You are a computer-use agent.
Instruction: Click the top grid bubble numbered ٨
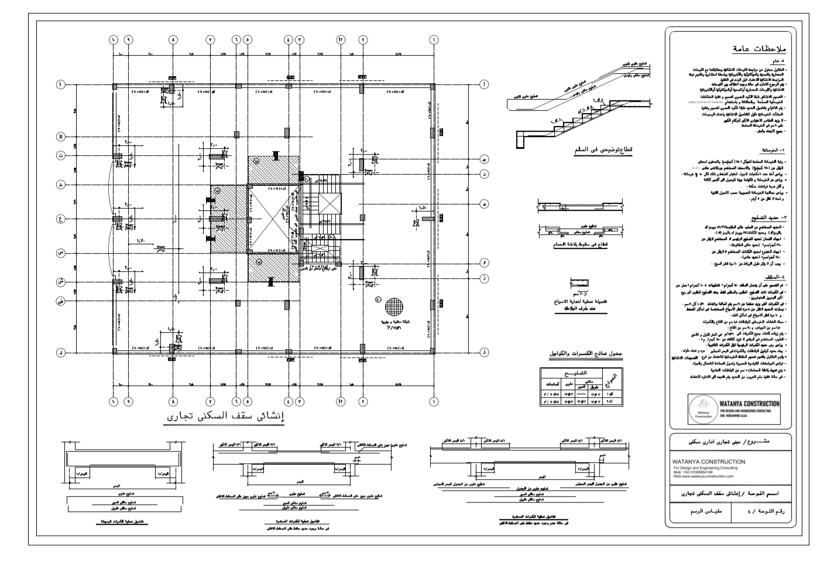click(173, 40)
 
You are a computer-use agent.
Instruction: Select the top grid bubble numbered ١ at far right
click(434, 40)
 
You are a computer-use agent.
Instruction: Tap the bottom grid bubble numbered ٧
click(210, 402)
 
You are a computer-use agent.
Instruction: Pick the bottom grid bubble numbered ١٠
click(113, 402)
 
